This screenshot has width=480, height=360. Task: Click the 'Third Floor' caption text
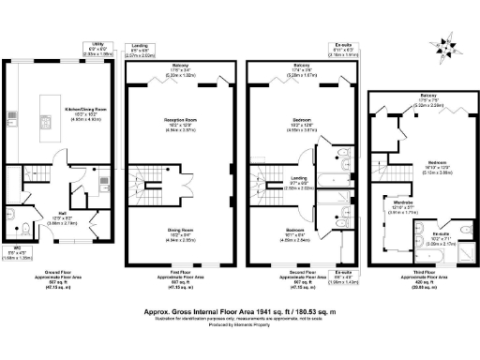click(x=407, y=271)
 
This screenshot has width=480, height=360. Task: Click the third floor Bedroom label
click(x=408, y=135)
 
